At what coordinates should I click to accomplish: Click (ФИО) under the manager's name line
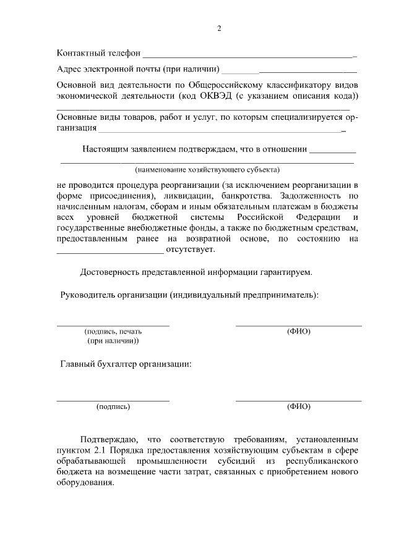tap(299, 332)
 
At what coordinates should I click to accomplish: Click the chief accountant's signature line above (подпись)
tap(113, 400)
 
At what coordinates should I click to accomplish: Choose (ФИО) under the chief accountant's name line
tap(299, 406)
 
